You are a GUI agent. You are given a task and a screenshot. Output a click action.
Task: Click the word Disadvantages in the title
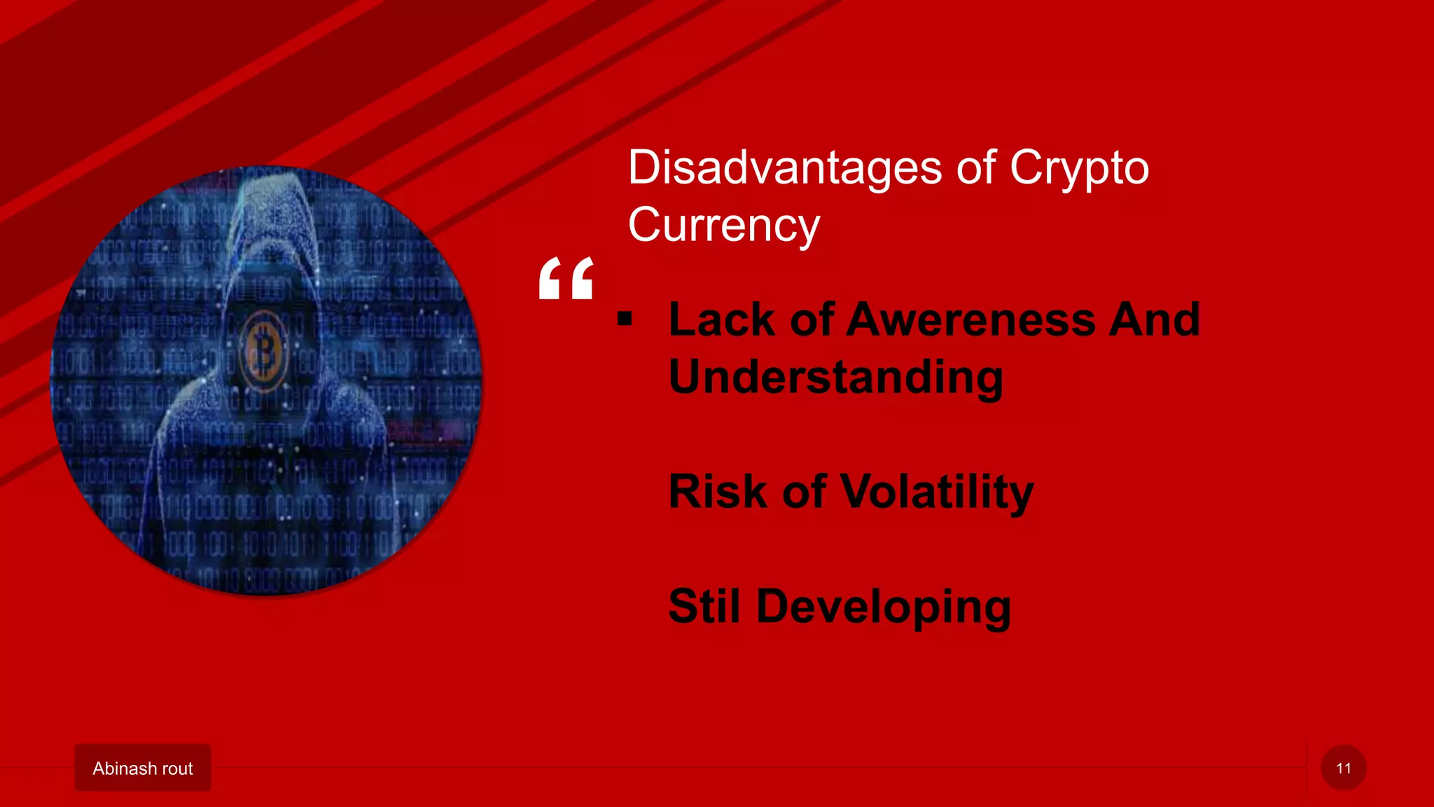[x=784, y=168]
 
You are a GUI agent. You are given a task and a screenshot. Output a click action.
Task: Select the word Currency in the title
[x=723, y=226]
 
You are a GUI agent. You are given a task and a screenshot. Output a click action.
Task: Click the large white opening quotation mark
[x=566, y=278]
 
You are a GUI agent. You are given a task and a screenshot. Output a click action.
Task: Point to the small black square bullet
[x=625, y=320]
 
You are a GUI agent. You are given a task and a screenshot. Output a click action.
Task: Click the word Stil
[x=704, y=606]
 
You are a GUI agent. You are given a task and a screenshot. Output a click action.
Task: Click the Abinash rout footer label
[x=143, y=768]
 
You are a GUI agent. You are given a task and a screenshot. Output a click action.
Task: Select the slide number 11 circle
[x=1343, y=768]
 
